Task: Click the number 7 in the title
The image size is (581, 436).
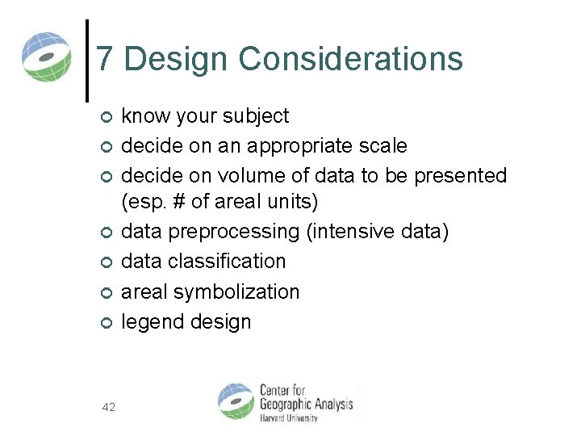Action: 105,60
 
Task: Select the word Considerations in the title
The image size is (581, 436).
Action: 351,60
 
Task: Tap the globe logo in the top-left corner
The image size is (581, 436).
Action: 46,57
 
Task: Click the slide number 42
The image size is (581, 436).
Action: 108,408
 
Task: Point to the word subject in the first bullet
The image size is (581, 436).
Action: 257,116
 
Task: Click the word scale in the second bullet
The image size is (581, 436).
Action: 382,146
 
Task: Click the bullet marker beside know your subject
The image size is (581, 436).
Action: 104,118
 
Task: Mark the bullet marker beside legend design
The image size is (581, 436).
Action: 104,323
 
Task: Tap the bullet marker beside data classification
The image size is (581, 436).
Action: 104,263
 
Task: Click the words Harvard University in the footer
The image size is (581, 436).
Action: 288,418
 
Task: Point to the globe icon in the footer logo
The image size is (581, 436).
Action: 236,401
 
